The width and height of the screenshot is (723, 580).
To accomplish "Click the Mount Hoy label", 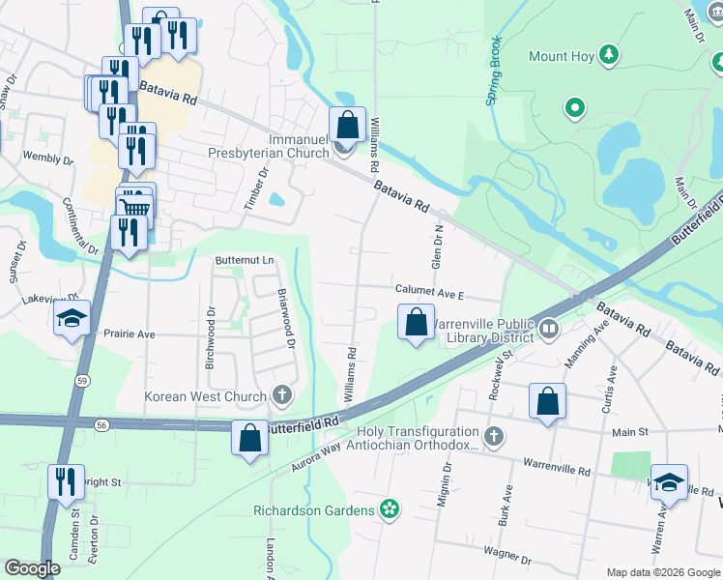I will tap(562, 56).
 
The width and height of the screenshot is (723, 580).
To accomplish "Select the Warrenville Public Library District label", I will tap(483, 331).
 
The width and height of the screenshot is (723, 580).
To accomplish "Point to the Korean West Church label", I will tap(206, 396).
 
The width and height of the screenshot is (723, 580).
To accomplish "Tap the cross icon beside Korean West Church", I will tap(282, 394).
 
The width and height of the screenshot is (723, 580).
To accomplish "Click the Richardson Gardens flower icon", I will tap(390, 509).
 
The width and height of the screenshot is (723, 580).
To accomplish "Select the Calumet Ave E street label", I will tap(429, 291).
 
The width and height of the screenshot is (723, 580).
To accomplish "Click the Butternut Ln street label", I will tap(245, 261).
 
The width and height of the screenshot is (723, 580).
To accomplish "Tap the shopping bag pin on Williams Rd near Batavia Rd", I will tap(347, 125).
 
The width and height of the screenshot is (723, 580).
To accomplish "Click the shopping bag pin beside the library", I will tap(416, 322).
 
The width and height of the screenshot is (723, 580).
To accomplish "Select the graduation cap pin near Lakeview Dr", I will tap(72, 320).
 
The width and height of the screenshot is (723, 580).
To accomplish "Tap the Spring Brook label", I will tap(494, 72).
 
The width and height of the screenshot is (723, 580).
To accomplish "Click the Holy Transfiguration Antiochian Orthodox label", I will tap(419, 438).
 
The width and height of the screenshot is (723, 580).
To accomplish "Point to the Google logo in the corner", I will tap(32, 569).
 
